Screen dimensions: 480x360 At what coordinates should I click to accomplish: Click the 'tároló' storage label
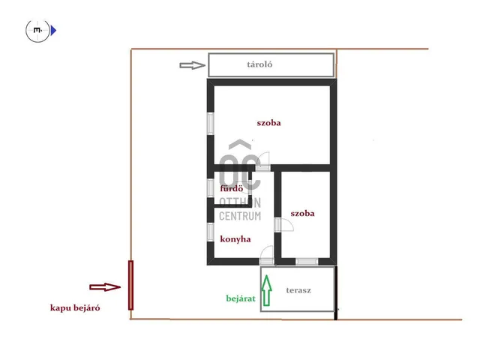tap(259, 64)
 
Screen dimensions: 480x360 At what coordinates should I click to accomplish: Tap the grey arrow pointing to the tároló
tap(192, 65)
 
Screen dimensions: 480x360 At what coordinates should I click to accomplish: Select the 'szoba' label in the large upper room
tap(268, 123)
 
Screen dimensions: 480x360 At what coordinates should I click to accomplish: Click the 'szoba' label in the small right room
tap(302, 213)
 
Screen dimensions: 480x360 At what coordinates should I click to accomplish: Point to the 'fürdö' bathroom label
tap(232, 188)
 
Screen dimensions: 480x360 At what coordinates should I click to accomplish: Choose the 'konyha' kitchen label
tap(235, 239)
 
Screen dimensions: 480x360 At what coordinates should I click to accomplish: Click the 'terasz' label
tap(298, 290)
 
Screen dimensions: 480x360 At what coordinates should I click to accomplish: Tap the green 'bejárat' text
tap(241, 298)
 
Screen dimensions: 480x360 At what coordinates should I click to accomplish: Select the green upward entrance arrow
tap(267, 290)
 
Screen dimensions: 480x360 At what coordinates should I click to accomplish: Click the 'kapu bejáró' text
tap(75, 308)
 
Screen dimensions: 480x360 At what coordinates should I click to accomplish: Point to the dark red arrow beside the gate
tap(105, 287)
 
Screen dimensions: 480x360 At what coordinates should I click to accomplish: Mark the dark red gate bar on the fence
tap(130, 285)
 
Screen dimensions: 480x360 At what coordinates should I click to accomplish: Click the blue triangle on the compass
tap(53, 31)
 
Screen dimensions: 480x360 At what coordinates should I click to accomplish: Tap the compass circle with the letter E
tap(37, 31)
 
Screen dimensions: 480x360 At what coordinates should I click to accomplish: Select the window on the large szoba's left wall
tap(211, 124)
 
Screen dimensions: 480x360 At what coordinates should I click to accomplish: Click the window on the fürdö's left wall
tap(211, 188)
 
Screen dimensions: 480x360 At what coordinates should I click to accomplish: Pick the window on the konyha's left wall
tap(211, 232)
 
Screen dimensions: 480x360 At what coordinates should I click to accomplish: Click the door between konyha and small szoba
tap(283, 225)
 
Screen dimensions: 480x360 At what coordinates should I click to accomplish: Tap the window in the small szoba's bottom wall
tap(307, 262)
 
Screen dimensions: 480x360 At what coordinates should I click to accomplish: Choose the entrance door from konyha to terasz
tap(267, 256)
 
